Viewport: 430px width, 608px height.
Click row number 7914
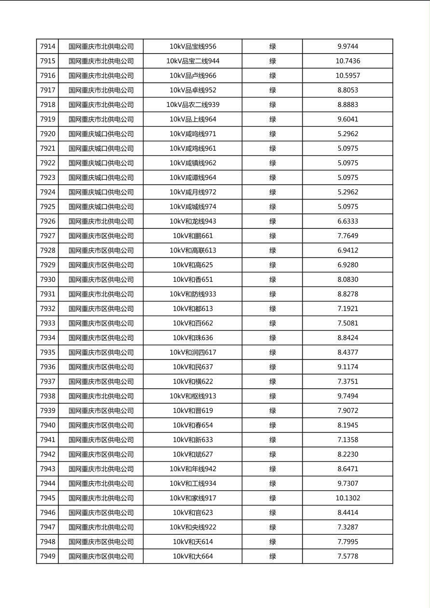(48, 47)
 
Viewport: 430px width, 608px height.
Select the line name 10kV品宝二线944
(193, 61)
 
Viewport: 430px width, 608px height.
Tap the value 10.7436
(348, 61)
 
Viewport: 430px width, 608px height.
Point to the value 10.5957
(348, 76)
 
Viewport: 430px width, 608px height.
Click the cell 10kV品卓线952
(193, 90)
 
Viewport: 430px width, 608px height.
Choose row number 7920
(48, 134)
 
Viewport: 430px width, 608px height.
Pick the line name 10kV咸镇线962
(193, 163)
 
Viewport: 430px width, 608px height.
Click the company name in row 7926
(101, 221)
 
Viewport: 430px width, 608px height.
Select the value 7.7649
(348, 236)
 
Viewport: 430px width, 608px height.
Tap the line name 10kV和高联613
(193, 251)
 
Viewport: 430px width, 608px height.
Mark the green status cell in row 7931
(272, 294)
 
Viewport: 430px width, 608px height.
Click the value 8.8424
(348, 338)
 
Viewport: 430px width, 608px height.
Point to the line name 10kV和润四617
(193, 352)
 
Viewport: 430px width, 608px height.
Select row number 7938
(48, 396)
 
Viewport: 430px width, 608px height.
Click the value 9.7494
(348, 396)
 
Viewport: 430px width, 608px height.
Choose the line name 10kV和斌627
(193, 454)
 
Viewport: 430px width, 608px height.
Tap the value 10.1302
(348, 498)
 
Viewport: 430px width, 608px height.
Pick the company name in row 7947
(101, 527)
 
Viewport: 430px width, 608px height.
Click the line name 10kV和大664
(193, 556)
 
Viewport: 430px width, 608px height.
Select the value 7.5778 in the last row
(348, 556)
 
